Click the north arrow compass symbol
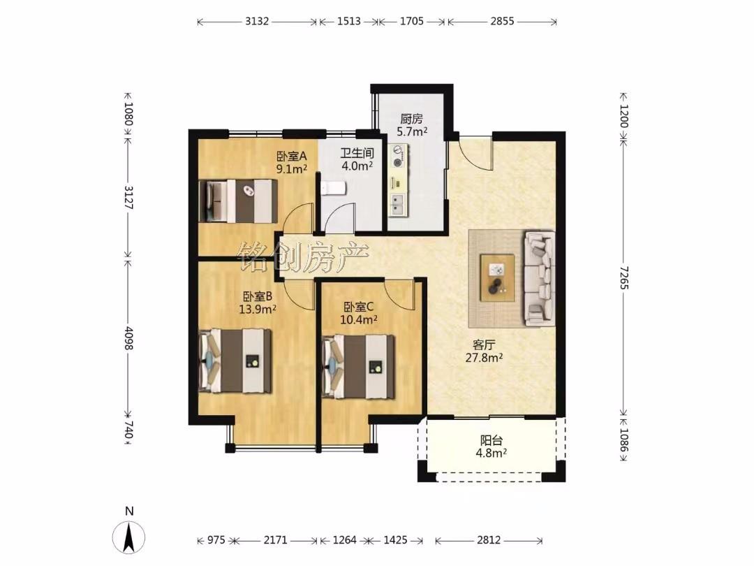point(128,537)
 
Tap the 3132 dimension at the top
point(257,21)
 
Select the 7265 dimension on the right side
point(623,277)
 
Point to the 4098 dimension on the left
point(128,338)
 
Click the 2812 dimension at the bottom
point(489,540)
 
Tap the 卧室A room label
point(291,157)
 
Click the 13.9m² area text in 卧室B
point(257,309)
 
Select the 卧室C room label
point(359,307)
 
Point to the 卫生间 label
point(357,154)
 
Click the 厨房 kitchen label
point(412,118)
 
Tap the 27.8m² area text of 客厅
point(485,358)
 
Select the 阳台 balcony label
point(491,440)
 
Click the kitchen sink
point(398,204)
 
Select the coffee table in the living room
point(498,278)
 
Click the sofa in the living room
point(538,279)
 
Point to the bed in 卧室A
point(239,201)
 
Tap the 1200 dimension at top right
point(623,115)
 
